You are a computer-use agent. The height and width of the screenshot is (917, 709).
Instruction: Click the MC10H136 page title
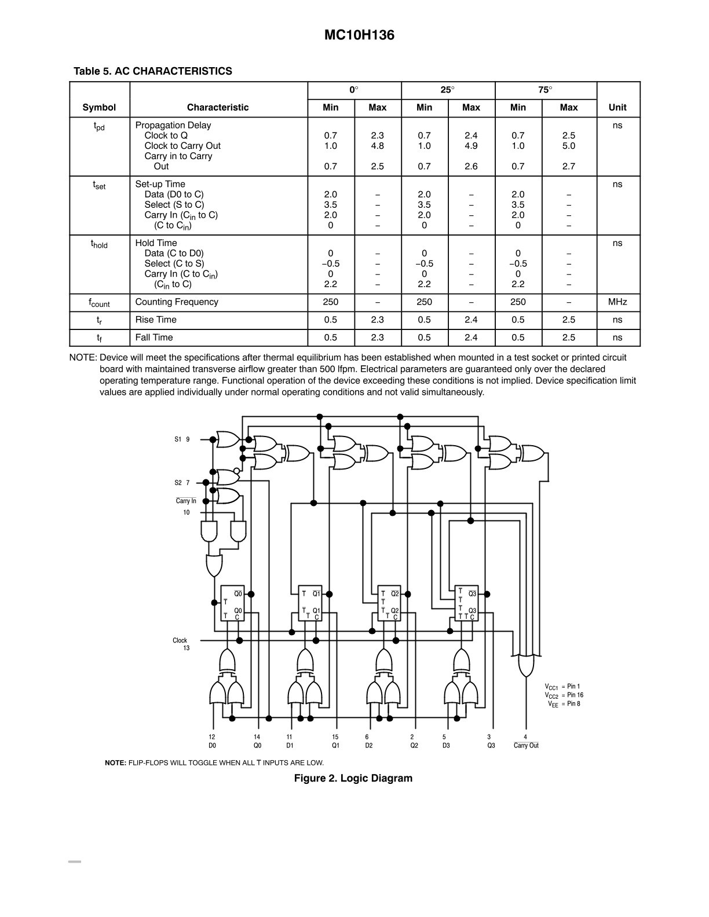tap(359, 35)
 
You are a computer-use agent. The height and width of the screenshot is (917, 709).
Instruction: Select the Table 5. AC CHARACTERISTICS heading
tap(153, 71)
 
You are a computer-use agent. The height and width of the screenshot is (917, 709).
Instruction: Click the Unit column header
tap(617, 107)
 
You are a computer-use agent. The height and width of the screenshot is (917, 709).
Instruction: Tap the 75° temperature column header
tap(545, 90)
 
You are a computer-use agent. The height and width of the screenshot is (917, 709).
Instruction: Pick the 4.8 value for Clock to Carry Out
tap(377, 145)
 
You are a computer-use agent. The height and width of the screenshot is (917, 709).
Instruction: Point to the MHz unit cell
tap(617, 302)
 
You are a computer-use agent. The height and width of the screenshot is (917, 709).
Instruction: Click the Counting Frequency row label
tap(177, 302)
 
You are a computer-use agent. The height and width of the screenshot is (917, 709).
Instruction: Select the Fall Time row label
tap(154, 337)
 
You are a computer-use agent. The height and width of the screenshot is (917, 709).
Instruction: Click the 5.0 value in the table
tap(568, 145)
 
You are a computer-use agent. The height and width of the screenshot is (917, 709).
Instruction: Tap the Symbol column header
tap(99, 108)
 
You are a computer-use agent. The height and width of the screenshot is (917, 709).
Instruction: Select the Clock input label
tap(180, 640)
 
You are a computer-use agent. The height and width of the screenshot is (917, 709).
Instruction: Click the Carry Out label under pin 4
tap(526, 745)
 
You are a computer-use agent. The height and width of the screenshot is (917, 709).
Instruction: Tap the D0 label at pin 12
tap(212, 745)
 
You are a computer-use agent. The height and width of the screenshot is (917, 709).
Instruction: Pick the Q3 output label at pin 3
tap(491, 745)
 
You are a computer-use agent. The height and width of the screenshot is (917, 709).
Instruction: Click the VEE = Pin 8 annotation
tap(564, 704)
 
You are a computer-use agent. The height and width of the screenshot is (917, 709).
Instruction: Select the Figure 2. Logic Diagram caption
tap(353, 778)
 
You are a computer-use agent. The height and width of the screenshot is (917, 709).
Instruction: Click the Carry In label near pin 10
tap(186, 501)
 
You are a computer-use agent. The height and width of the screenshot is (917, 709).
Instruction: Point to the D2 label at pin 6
tap(368, 745)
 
